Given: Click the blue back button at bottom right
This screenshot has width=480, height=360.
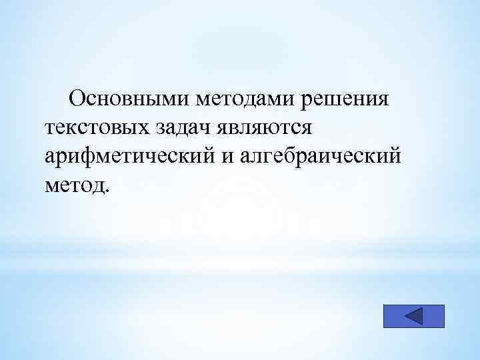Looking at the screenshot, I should (413, 316).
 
